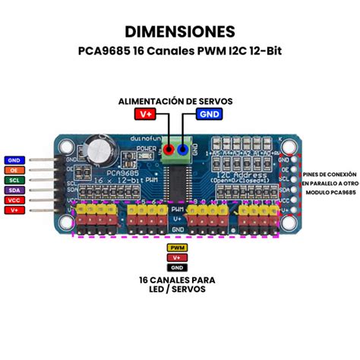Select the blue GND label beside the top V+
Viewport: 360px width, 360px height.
pos(210,115)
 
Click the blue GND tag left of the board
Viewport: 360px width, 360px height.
pos(14,160)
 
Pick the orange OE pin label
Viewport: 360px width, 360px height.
pos(14,170)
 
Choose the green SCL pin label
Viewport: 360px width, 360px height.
pos(14,180)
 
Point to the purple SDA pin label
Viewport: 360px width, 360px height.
pos(14,190)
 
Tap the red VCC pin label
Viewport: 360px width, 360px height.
pos(14,200)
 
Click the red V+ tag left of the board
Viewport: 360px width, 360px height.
pos(14,210)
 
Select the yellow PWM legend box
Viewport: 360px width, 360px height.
pos(177,248)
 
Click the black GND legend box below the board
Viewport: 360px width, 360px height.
pos(177,267)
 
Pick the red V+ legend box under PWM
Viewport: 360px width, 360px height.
pos(177,257)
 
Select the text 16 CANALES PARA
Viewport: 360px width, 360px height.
pos(177,280)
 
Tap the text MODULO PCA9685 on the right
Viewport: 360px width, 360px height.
pos(328,193)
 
